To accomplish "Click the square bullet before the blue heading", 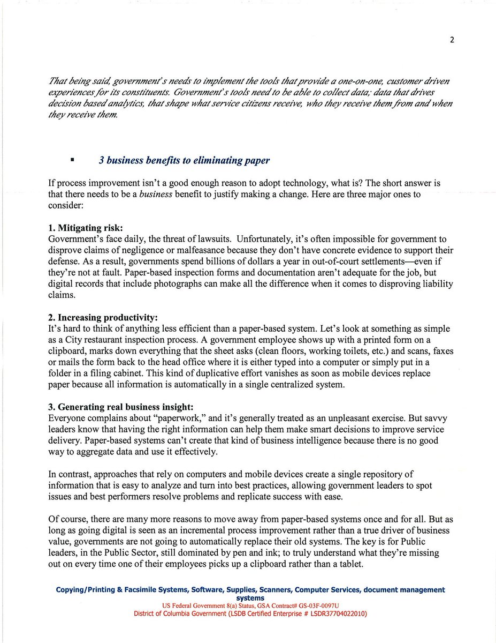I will click(x=71, y=160).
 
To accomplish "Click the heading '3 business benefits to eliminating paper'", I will click(x=184, y=160).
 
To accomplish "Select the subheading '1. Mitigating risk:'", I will click(x=86, y=228).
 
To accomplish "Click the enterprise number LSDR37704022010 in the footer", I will click(x=327, y=614).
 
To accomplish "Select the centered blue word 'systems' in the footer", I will click(x=250, y=597).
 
